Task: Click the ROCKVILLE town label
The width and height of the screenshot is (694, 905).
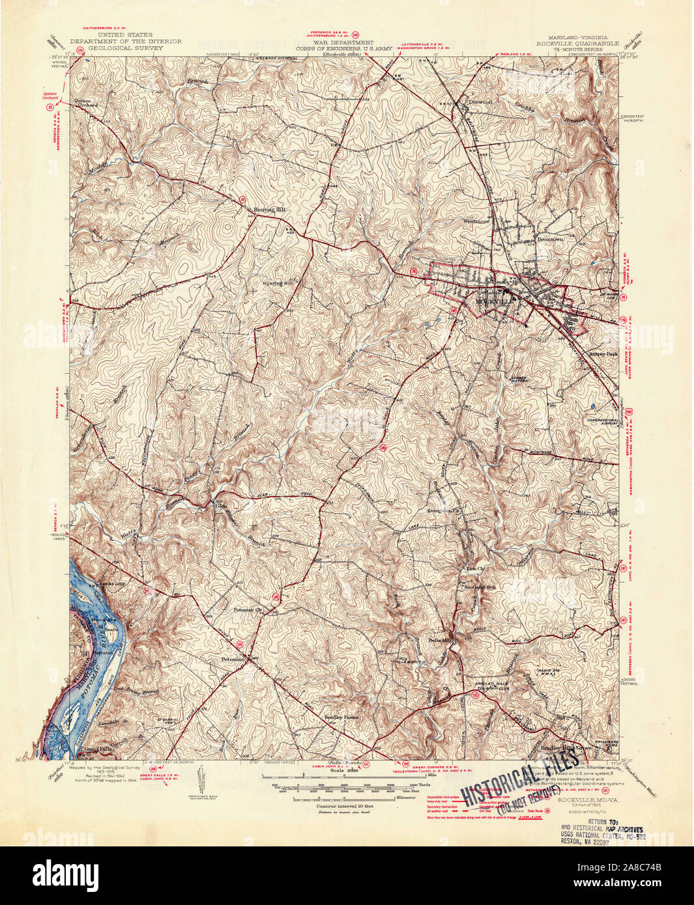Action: [x=495, y=302]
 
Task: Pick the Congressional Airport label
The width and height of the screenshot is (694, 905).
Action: [x=601, y=422]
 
